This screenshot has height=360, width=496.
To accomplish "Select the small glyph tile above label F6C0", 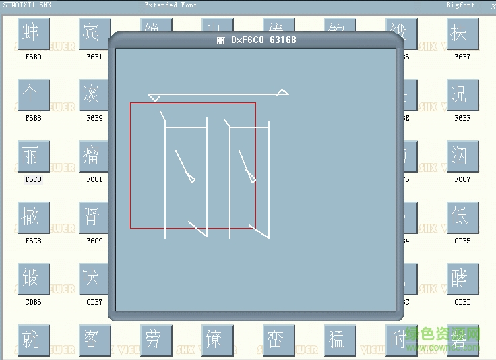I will pyautogui.click(x=30, y=156).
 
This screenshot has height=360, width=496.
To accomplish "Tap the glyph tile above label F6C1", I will pyautogui.click(x=92, y=156).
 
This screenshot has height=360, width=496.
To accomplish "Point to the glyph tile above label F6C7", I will pyautogui.click(x=462, y=156).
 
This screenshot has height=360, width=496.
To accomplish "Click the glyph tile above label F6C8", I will pyautogui.click(x=30, y=218).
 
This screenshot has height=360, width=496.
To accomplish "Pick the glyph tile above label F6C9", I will pyautogui.click(x=92, y=218).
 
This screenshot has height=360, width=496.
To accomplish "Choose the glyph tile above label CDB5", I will pyautogui.click(x=462, y=218).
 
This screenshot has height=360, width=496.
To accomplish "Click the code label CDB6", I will pyautogui.click(x=33, y=303).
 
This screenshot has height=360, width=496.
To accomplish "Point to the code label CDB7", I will pyautogui.click(x=94, y=303).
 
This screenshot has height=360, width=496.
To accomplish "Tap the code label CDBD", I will pyautogui.click(x=462, y=303).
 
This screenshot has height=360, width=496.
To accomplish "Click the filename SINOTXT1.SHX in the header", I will pyautogui.click(x=28, y=5).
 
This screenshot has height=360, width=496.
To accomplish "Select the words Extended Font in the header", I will pyautogui.click(x=170, y=5).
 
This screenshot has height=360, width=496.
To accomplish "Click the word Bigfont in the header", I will pyautogui.click(x=460, y=5).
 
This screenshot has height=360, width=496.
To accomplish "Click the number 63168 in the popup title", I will pyautogui.click(x=282, y=40).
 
